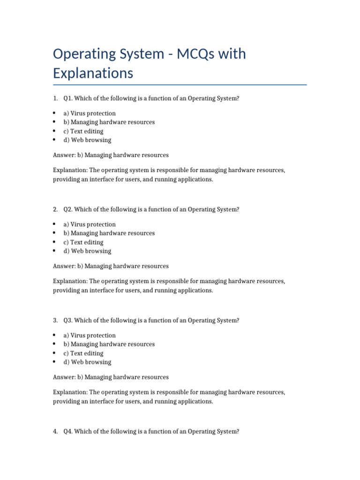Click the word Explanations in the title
[x=93, y=74]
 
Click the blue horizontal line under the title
[x=180, y=85]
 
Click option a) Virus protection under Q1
[x=90, y=113]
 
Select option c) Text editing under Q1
[x=83, y=131]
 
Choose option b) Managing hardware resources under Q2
[x=109, y=233]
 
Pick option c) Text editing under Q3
[x=83, y=353]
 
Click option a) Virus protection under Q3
[x=90, y=336]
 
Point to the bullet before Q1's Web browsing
[x=54, y=140]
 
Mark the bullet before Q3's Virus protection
[x=54, y=336]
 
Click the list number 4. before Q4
[x=55, y=432]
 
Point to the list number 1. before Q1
[x=55, y=98]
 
